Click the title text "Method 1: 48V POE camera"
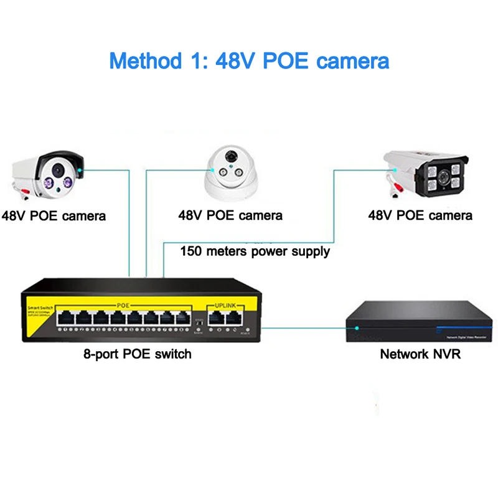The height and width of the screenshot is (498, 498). coord(249,61)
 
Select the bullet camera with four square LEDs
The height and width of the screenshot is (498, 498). coord(430,172)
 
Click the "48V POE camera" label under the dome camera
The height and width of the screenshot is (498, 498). coord(230,216)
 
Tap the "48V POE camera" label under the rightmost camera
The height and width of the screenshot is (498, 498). coord(420,216)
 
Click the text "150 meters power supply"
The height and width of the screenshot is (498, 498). coord(255,252)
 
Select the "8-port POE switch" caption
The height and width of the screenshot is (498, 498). coord(138,354)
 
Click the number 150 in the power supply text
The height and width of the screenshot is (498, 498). coord(191,252)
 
